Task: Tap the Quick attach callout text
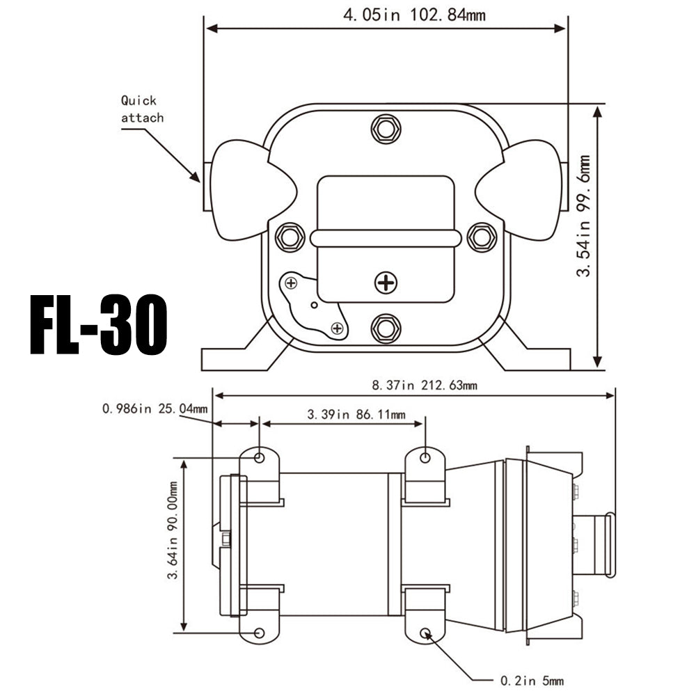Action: pyautogui.click(x=142, y=109)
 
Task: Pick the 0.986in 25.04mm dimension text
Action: pyautogui.click(x=155, y=409)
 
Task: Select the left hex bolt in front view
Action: pyautogui.click(x=290, y=237)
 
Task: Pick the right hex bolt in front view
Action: pyautogui.click(x=481, y=237)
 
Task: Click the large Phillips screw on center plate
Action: pyautogui.click(x=385, y=283)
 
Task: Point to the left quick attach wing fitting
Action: pyautogui.click(x=240, y=189)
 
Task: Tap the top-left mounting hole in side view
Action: pyautogui.click(x=260, y=457)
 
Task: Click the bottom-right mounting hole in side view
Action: pyautogui.click(x=426, y=633)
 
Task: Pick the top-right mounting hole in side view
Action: pyautogui.click(x=426, y=457)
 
